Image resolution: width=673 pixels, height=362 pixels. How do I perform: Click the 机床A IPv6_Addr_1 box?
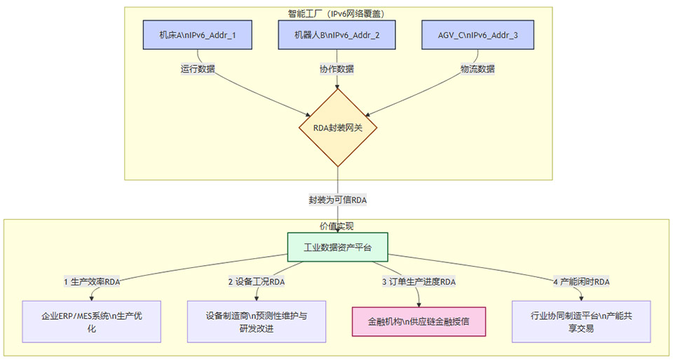pos(197,35)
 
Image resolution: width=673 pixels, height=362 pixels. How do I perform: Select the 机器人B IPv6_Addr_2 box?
pos(338,35)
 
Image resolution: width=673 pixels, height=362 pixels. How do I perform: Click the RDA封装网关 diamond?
pos(338,127)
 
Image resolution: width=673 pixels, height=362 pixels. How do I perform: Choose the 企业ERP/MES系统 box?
pos(92,322)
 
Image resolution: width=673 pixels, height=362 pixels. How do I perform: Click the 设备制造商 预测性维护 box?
pos(256,322)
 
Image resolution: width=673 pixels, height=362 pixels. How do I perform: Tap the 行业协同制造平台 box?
pos(581,322)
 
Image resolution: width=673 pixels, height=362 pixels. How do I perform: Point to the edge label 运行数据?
pos(197,69)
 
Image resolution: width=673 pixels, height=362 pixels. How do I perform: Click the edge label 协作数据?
pos(337,69)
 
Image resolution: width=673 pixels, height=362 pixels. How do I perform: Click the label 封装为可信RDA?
pos(337,200)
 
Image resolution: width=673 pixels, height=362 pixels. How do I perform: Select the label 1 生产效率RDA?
pos(92,282)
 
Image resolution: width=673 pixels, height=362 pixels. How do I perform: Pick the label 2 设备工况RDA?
pos(256,282)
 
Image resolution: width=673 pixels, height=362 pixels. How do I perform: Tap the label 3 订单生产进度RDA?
pos(419,282)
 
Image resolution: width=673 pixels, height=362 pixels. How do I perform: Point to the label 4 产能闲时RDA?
pos(580,282)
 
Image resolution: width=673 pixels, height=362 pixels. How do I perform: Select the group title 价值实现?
pos(336,226)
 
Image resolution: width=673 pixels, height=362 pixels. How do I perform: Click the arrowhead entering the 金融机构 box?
pos(419,304)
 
